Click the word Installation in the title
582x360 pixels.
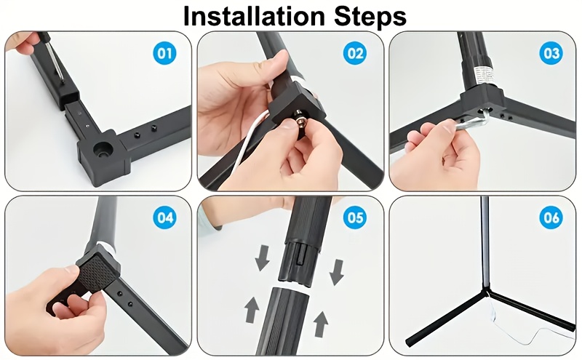(x=254, y=15)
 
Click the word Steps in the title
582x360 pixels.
(x=370, y=17)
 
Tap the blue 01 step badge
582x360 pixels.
(x=165, y=53)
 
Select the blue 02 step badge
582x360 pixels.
(x=356, y=53)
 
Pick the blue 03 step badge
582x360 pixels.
(x=551, y=53)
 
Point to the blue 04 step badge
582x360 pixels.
(x=165, y=217)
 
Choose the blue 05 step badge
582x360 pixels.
(x=356, y=217)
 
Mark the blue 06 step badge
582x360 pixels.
(x=551, y=217)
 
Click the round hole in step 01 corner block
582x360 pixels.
(x=102, y=149)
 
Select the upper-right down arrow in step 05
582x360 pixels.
(x=337, y=273)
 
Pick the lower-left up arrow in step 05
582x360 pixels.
(x=252, y=310)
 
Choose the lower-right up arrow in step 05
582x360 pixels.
(x=321, y=324)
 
